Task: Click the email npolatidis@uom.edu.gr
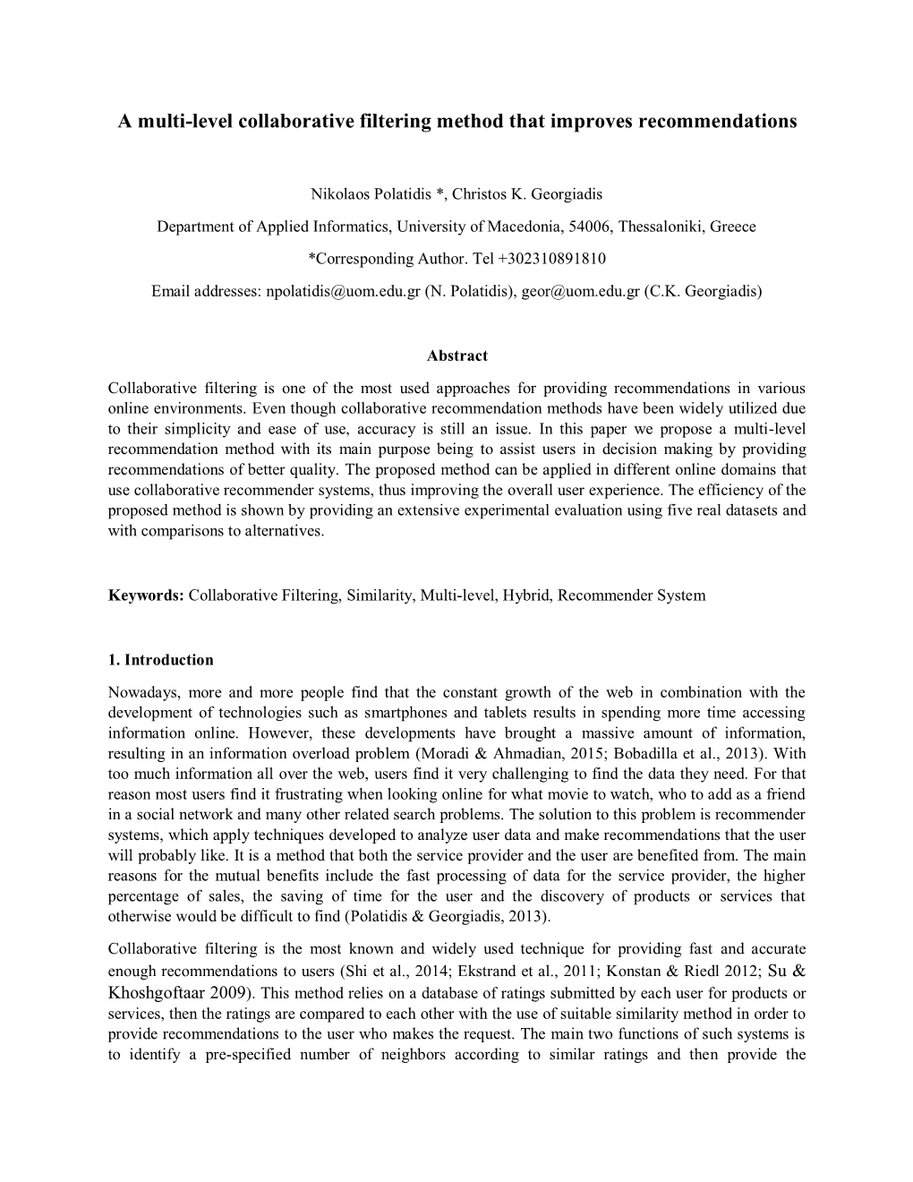coord(343,291)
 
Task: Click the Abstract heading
coord(456,355)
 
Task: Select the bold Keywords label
coord(146,595)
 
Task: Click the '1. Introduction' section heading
coord(160,660)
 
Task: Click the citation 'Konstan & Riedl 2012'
coord(679,972)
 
